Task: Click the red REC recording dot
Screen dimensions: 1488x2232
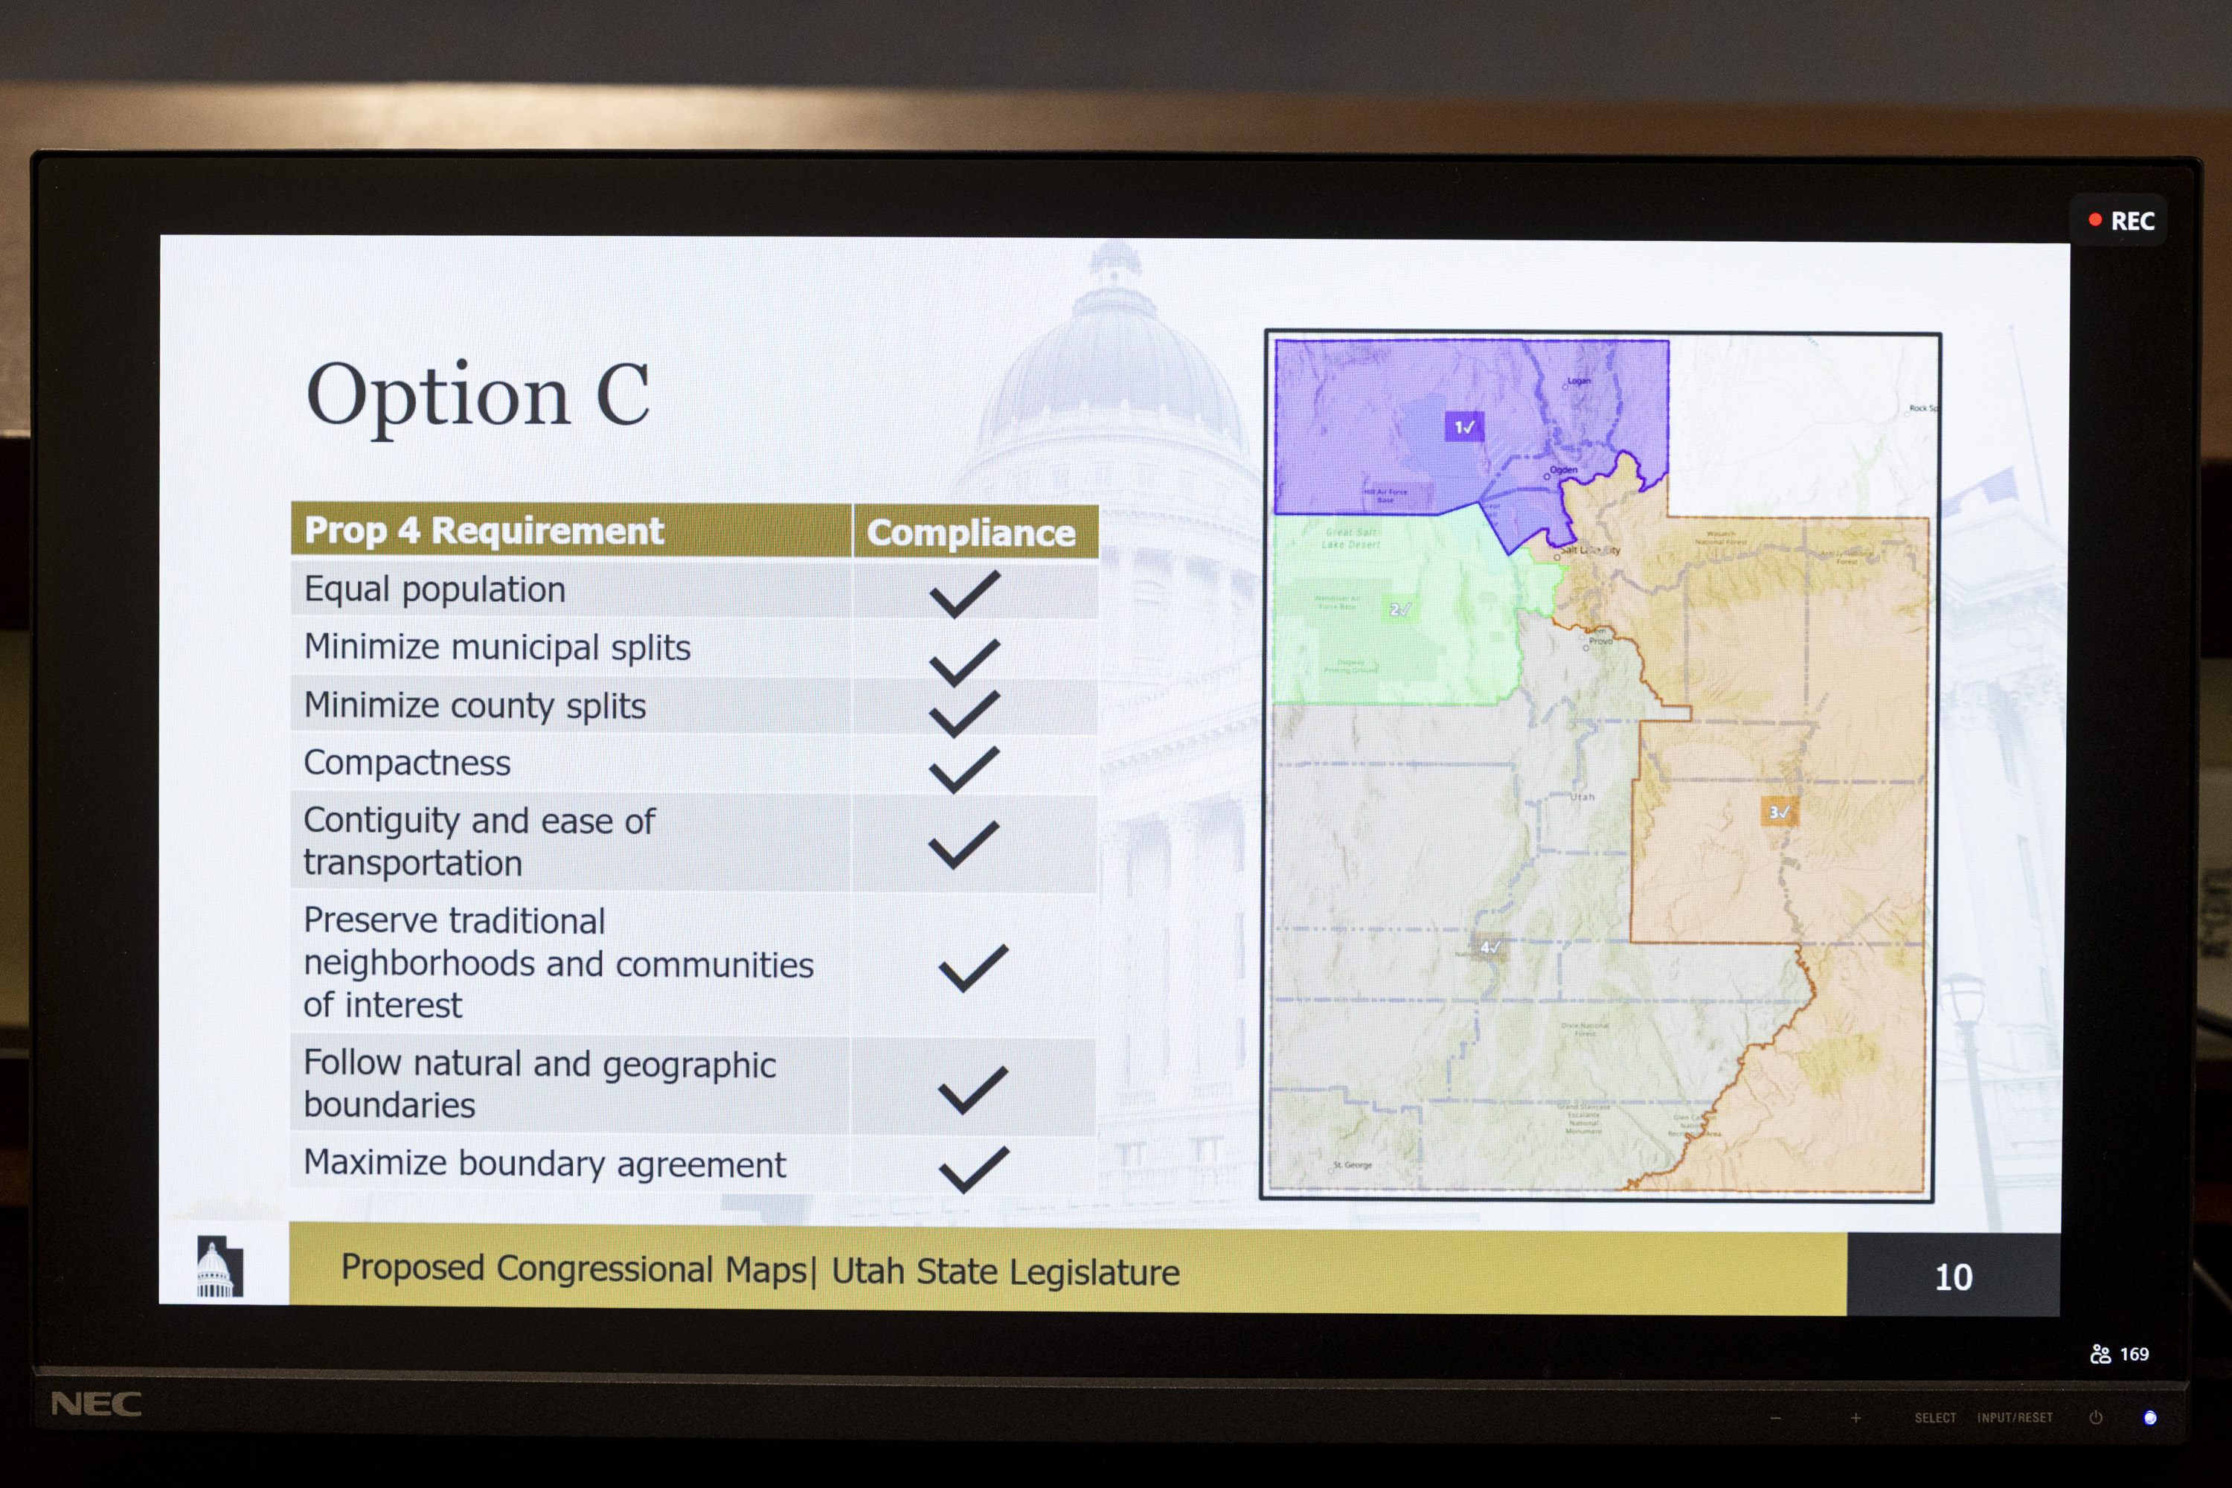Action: (2094, 220)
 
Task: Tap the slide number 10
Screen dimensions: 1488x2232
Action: (1953, 1277)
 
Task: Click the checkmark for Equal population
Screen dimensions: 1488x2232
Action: (964, 593)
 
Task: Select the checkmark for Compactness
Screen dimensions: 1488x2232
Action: (964, 769)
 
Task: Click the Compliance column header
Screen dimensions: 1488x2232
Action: (971, 533)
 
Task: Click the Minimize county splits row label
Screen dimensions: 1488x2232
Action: (475, 706)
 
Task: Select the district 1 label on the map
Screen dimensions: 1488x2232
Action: (1463, 427)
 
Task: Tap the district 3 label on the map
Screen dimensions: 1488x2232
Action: (1778, 812)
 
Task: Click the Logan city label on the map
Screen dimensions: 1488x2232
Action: (1578, 382)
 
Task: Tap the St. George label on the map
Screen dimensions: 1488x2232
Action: (1353, 1164)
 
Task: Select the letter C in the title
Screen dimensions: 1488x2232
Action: (623, 395)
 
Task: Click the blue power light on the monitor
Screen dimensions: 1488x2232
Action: (2150, 1418)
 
